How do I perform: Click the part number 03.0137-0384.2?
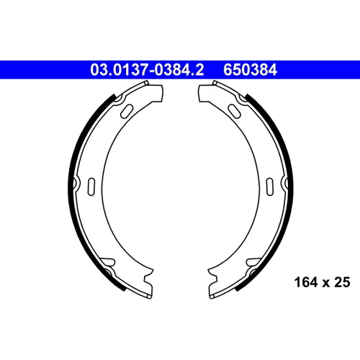pyautogui.click(x=147, y=70)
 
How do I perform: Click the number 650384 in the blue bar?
pyautogui.click(x=250, y=70)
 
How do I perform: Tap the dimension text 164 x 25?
pyautogui.click(x=322, y=282)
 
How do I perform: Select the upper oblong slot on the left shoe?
pyautogui.click(x=127, y=112)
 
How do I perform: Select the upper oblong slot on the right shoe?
pyautogui.click(x=234, y=111)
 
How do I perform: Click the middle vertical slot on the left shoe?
pyautogui.click(x=91, y=186)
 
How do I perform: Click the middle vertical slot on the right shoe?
pyautogui.click(x=270, y=186)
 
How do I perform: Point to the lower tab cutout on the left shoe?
pyautogui.click(x=107, y=262)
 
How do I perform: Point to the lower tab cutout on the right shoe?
pyautogui.click(x=253, y=262)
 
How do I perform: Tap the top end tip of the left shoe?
pyautogui.click(x=147, y=82)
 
